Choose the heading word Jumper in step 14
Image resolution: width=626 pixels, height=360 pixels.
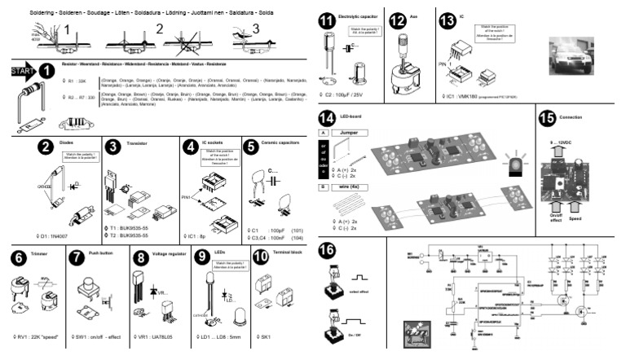351,131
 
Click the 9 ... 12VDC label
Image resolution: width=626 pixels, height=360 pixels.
565,143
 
